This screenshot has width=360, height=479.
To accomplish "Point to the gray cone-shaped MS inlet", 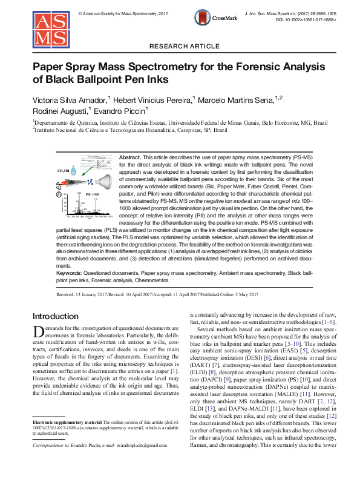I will click(x=103, y=180).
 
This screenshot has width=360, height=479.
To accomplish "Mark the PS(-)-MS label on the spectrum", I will click(x=93, y=193).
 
